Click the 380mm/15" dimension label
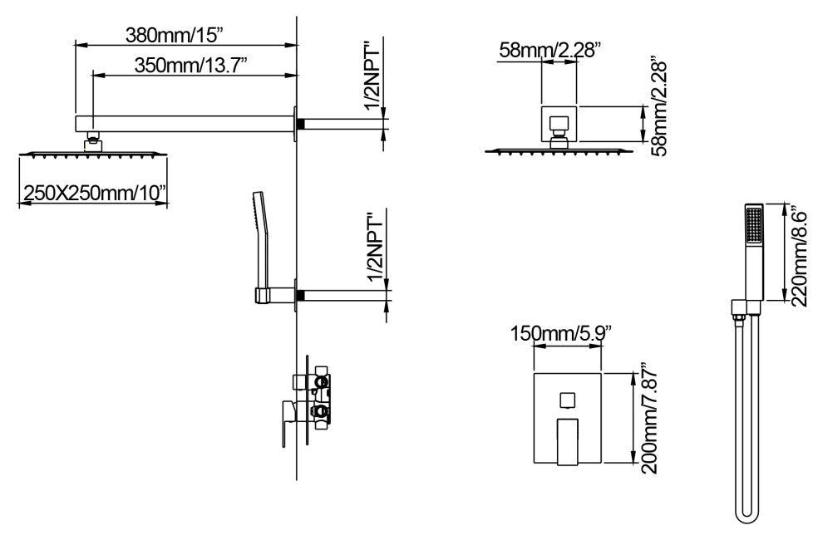(175, 36)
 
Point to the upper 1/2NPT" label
(374, 79)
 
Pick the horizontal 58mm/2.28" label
(549, 50)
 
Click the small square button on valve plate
(567, 401)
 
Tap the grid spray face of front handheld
(754, 226)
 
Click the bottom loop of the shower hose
(747, 517)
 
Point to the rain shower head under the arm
(93, 153)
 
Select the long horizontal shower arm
(184, 124)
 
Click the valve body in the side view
(315, 399)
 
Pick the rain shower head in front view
(559, 151)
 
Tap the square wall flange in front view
(559, 123)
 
